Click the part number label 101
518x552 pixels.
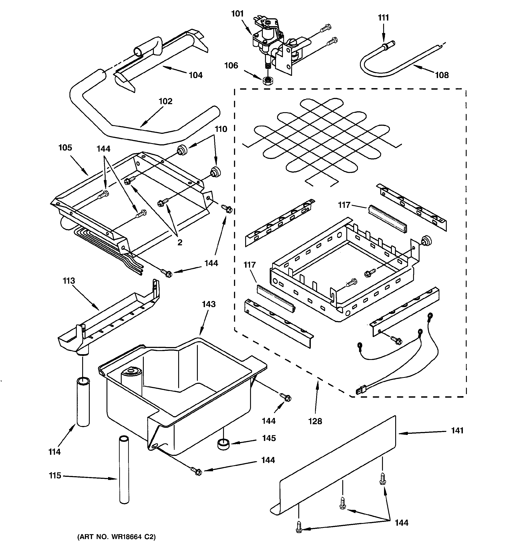[x=237, y=14]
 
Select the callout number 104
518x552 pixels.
[x=196, y=75]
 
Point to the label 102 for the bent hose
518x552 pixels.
[x=165, y=101]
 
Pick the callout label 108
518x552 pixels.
[x=442, y=75]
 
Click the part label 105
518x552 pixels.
[x=65, y=147]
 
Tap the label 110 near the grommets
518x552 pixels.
[x=221, y=129]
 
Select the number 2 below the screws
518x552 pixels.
[x=180, y=242]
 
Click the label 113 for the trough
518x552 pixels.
[x=69, y=281]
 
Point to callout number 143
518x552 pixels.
[x=209, y=304]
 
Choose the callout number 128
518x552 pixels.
[x=315, y=421]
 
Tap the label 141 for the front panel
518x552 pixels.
[x=457, y=430]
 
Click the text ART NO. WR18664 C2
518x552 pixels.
[x=116, y=537]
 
